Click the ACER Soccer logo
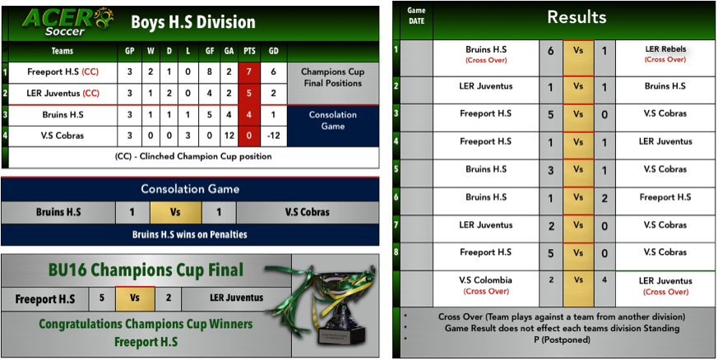click(x=67, y=21)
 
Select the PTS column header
click(x=248, y=51)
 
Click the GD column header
click(x=273, y=51)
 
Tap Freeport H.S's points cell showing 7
click(x=249, y=72)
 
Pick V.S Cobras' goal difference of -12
click(x=273, y=136)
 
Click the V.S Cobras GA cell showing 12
click(x=228, y=136)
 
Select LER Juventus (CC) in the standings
click(x=63, y=94)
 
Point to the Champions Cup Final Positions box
click(x=333, y=83)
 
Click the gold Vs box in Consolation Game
click(x=176, y=212)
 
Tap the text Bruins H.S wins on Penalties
click(x=189, y=235)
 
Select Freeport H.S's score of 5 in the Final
click(x=102, y=298)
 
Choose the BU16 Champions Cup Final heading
click(x=146, y=270)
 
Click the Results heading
click(x=577, y=17)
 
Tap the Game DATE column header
click(x=416, y=16)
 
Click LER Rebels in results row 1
click(x=665, y=49)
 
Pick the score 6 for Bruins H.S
click(x=551, y=51)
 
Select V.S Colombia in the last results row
click(x=486, y=280)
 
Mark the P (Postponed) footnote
click(x=557, y=340)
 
